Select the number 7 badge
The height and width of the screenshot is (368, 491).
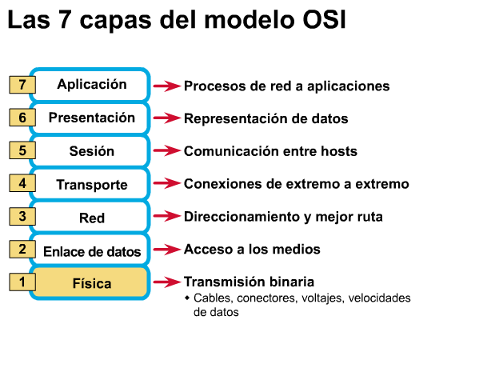click(22, 84)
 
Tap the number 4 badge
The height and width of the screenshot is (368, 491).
click(22, 183)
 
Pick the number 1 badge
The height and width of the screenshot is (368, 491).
click(22, 282)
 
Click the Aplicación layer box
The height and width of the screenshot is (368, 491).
click(91, 84)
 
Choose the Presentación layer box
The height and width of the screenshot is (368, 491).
click(91, 118)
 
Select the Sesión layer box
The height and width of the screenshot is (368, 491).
click(91, 151)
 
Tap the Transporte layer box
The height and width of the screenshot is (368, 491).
click(91, 185)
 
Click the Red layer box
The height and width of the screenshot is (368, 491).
click(91, 218)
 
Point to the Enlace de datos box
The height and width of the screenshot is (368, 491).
click(91, 251)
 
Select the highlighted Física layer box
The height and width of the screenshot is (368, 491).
click(91, 283)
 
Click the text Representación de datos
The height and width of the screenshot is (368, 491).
click(265, 118)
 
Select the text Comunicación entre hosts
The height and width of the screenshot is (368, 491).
click(270, 151)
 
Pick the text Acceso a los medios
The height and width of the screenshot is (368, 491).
click(252, 250)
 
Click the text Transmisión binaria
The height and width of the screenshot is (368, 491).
click(249, 282)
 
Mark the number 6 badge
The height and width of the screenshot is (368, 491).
click(22, 117)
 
